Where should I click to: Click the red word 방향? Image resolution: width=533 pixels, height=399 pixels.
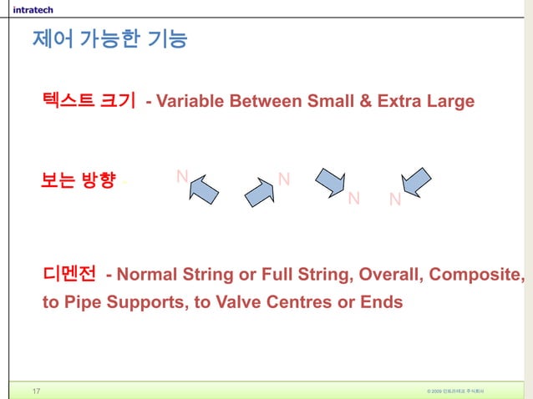point(98,180)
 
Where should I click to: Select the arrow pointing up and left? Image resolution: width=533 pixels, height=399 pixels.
point(203,189)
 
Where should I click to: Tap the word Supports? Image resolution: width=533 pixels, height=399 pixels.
point(145,301)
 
